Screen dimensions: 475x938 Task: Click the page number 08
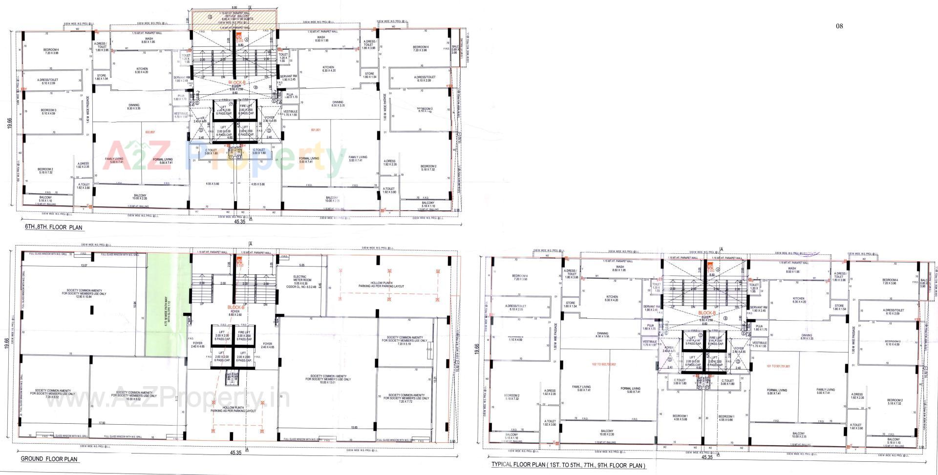[839, 26]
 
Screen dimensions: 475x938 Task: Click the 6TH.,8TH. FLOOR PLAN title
[54, 227]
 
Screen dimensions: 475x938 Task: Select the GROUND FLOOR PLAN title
[49, 459]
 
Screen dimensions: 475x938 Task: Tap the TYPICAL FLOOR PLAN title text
[568, 466]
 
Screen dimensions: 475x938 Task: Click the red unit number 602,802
[150, 132]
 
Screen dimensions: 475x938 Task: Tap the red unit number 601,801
[316, 130]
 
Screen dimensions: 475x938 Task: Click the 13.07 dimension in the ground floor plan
[84, 266]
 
